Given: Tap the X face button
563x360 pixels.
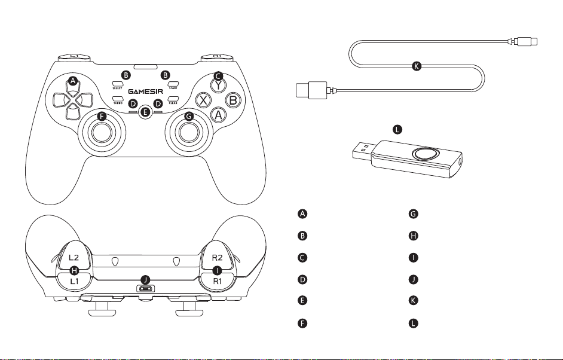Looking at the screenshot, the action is tap(204, 100).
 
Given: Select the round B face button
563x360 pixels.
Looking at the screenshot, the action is tap(234, 100).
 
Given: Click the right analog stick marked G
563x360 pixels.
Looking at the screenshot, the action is tap(189, 132).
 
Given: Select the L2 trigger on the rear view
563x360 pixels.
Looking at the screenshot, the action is tap(73, 256).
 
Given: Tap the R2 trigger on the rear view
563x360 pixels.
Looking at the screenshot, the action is tap(216, 256).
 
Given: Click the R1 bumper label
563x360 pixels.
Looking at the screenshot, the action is tap(216, 280).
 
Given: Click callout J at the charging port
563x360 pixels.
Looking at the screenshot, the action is tap(145, 279).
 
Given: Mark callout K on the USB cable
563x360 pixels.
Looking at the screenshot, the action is tap(417, 66).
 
